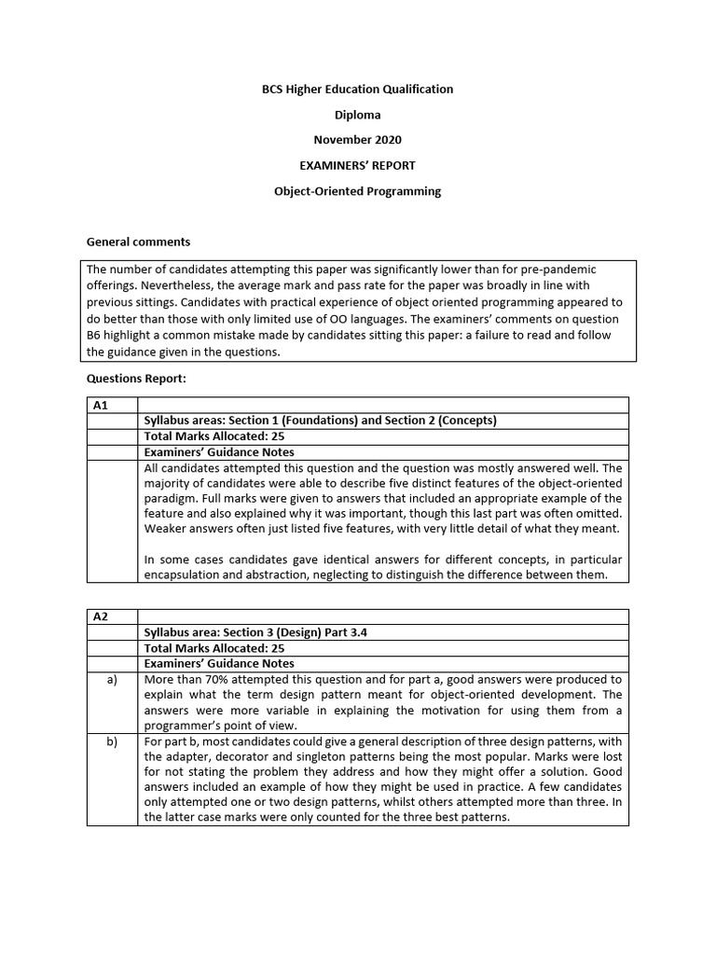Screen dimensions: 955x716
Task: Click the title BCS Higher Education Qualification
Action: [358, 90]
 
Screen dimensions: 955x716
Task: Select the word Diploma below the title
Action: [358, 115]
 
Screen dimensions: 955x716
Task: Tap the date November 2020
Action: [358, 140]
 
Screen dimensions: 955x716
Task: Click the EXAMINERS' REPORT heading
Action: [358, 165]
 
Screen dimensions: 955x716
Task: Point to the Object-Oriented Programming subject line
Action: [358, 191]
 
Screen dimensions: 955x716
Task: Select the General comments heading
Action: [138, 242]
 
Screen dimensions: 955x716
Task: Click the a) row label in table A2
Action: [112, 680]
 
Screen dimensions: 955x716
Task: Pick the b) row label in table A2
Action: [112, 741]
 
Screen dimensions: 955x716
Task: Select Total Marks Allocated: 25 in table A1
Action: [214, 436]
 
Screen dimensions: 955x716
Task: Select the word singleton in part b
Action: [339, 757]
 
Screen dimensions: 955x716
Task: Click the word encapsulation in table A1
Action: [183, 575]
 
